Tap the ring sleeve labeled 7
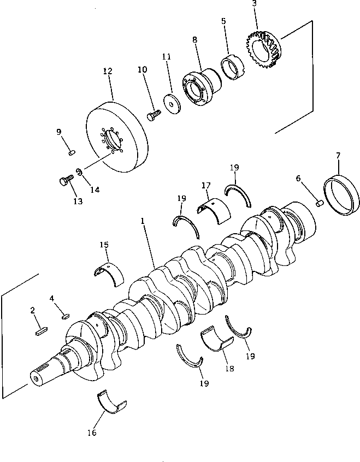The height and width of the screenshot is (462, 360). coord(341,194)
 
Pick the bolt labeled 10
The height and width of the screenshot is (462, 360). coord(154,115)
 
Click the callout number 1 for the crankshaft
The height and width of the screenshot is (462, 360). coord(142,222)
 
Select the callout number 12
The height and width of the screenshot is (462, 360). coord(107,72)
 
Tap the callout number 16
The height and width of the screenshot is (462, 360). coord(91,433)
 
